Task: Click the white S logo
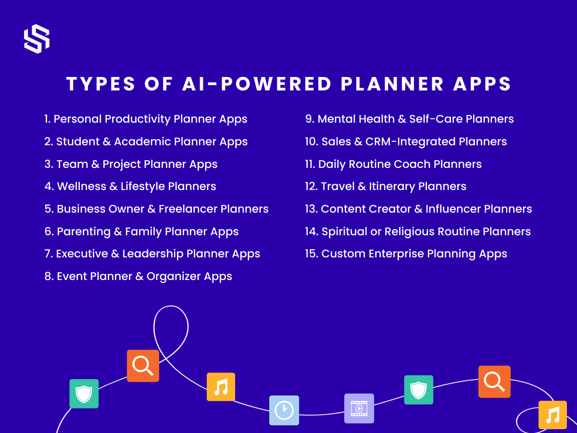(37, 39)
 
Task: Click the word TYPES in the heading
(100, 84)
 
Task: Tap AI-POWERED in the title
(257, 84)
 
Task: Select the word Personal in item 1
(77, 119)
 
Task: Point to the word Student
(78, 141)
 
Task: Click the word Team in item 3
(72, 164)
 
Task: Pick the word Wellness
(81, 186)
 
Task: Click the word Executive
(82, 254)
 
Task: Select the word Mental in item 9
(337, 119)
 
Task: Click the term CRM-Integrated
(411, 141)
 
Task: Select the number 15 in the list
(312, 254)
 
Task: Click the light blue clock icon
(284, 410)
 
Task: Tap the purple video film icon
(359, 408)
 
